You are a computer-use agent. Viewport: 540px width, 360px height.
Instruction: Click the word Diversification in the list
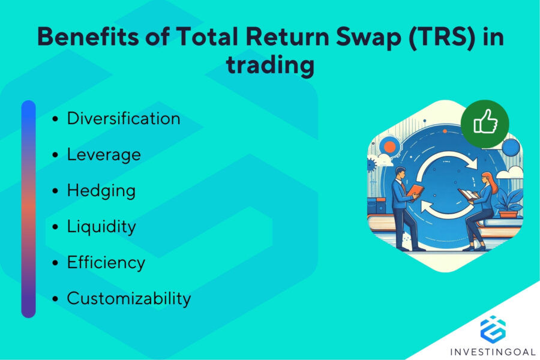(x=123, y=118)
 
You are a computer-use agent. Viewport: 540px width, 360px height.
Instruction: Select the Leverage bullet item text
(x=103, y=154)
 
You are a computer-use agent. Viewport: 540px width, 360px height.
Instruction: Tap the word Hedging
(x=101, y=191)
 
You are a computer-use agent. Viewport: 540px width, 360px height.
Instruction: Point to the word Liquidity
(x=101, y=227)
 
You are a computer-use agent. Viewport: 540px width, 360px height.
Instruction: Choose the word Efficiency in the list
(x=106, y=263)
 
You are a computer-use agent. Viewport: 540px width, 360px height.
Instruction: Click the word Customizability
(x=128, y=298)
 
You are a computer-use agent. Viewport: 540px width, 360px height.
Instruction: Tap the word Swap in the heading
(x=337, y=37)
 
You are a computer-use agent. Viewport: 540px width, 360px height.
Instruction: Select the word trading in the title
(x=270, y=65)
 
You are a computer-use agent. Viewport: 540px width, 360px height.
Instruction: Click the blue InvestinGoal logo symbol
(x=493, y=329)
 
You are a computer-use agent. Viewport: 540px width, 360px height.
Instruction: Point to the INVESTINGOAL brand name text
(x=493, y=350)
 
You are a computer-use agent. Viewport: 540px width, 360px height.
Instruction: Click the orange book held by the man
(x=416, y=191)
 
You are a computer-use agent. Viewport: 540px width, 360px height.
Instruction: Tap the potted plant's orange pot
(x=508, y=213)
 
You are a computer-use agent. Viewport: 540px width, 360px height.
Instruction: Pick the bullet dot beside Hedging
(x=55, y=191)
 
